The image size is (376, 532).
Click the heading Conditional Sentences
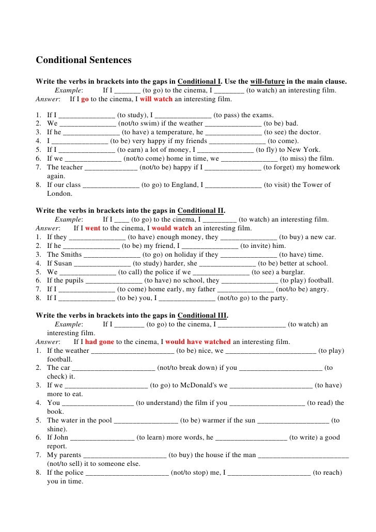tap(84, 60)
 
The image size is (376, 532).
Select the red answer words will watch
tap(156, 99)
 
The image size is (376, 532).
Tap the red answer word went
tap(93, 228)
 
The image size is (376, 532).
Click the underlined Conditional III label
tap(202, 316)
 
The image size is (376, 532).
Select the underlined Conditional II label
tap(201, 211)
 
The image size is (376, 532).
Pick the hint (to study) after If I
tap(131, 115)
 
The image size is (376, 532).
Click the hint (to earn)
tap(131, 150)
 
